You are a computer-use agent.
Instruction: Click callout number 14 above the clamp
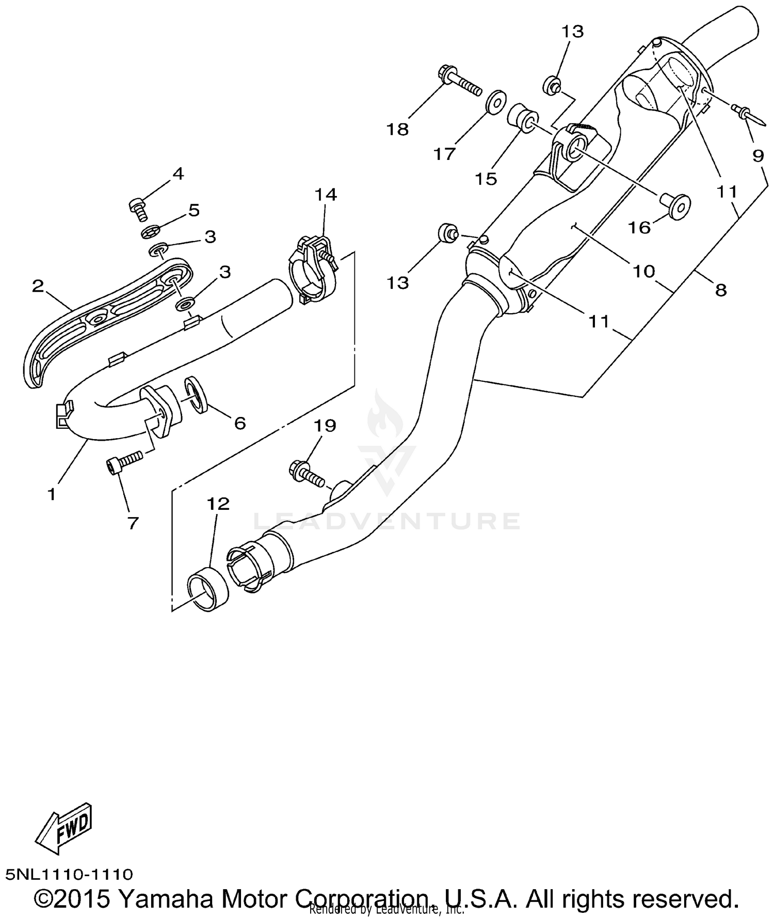[x=326, y=195]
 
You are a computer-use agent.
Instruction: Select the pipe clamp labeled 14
[x=312, y=271]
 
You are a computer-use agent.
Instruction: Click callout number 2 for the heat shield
[x=38, y=286]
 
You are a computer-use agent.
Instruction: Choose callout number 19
[x=326, y=426]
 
